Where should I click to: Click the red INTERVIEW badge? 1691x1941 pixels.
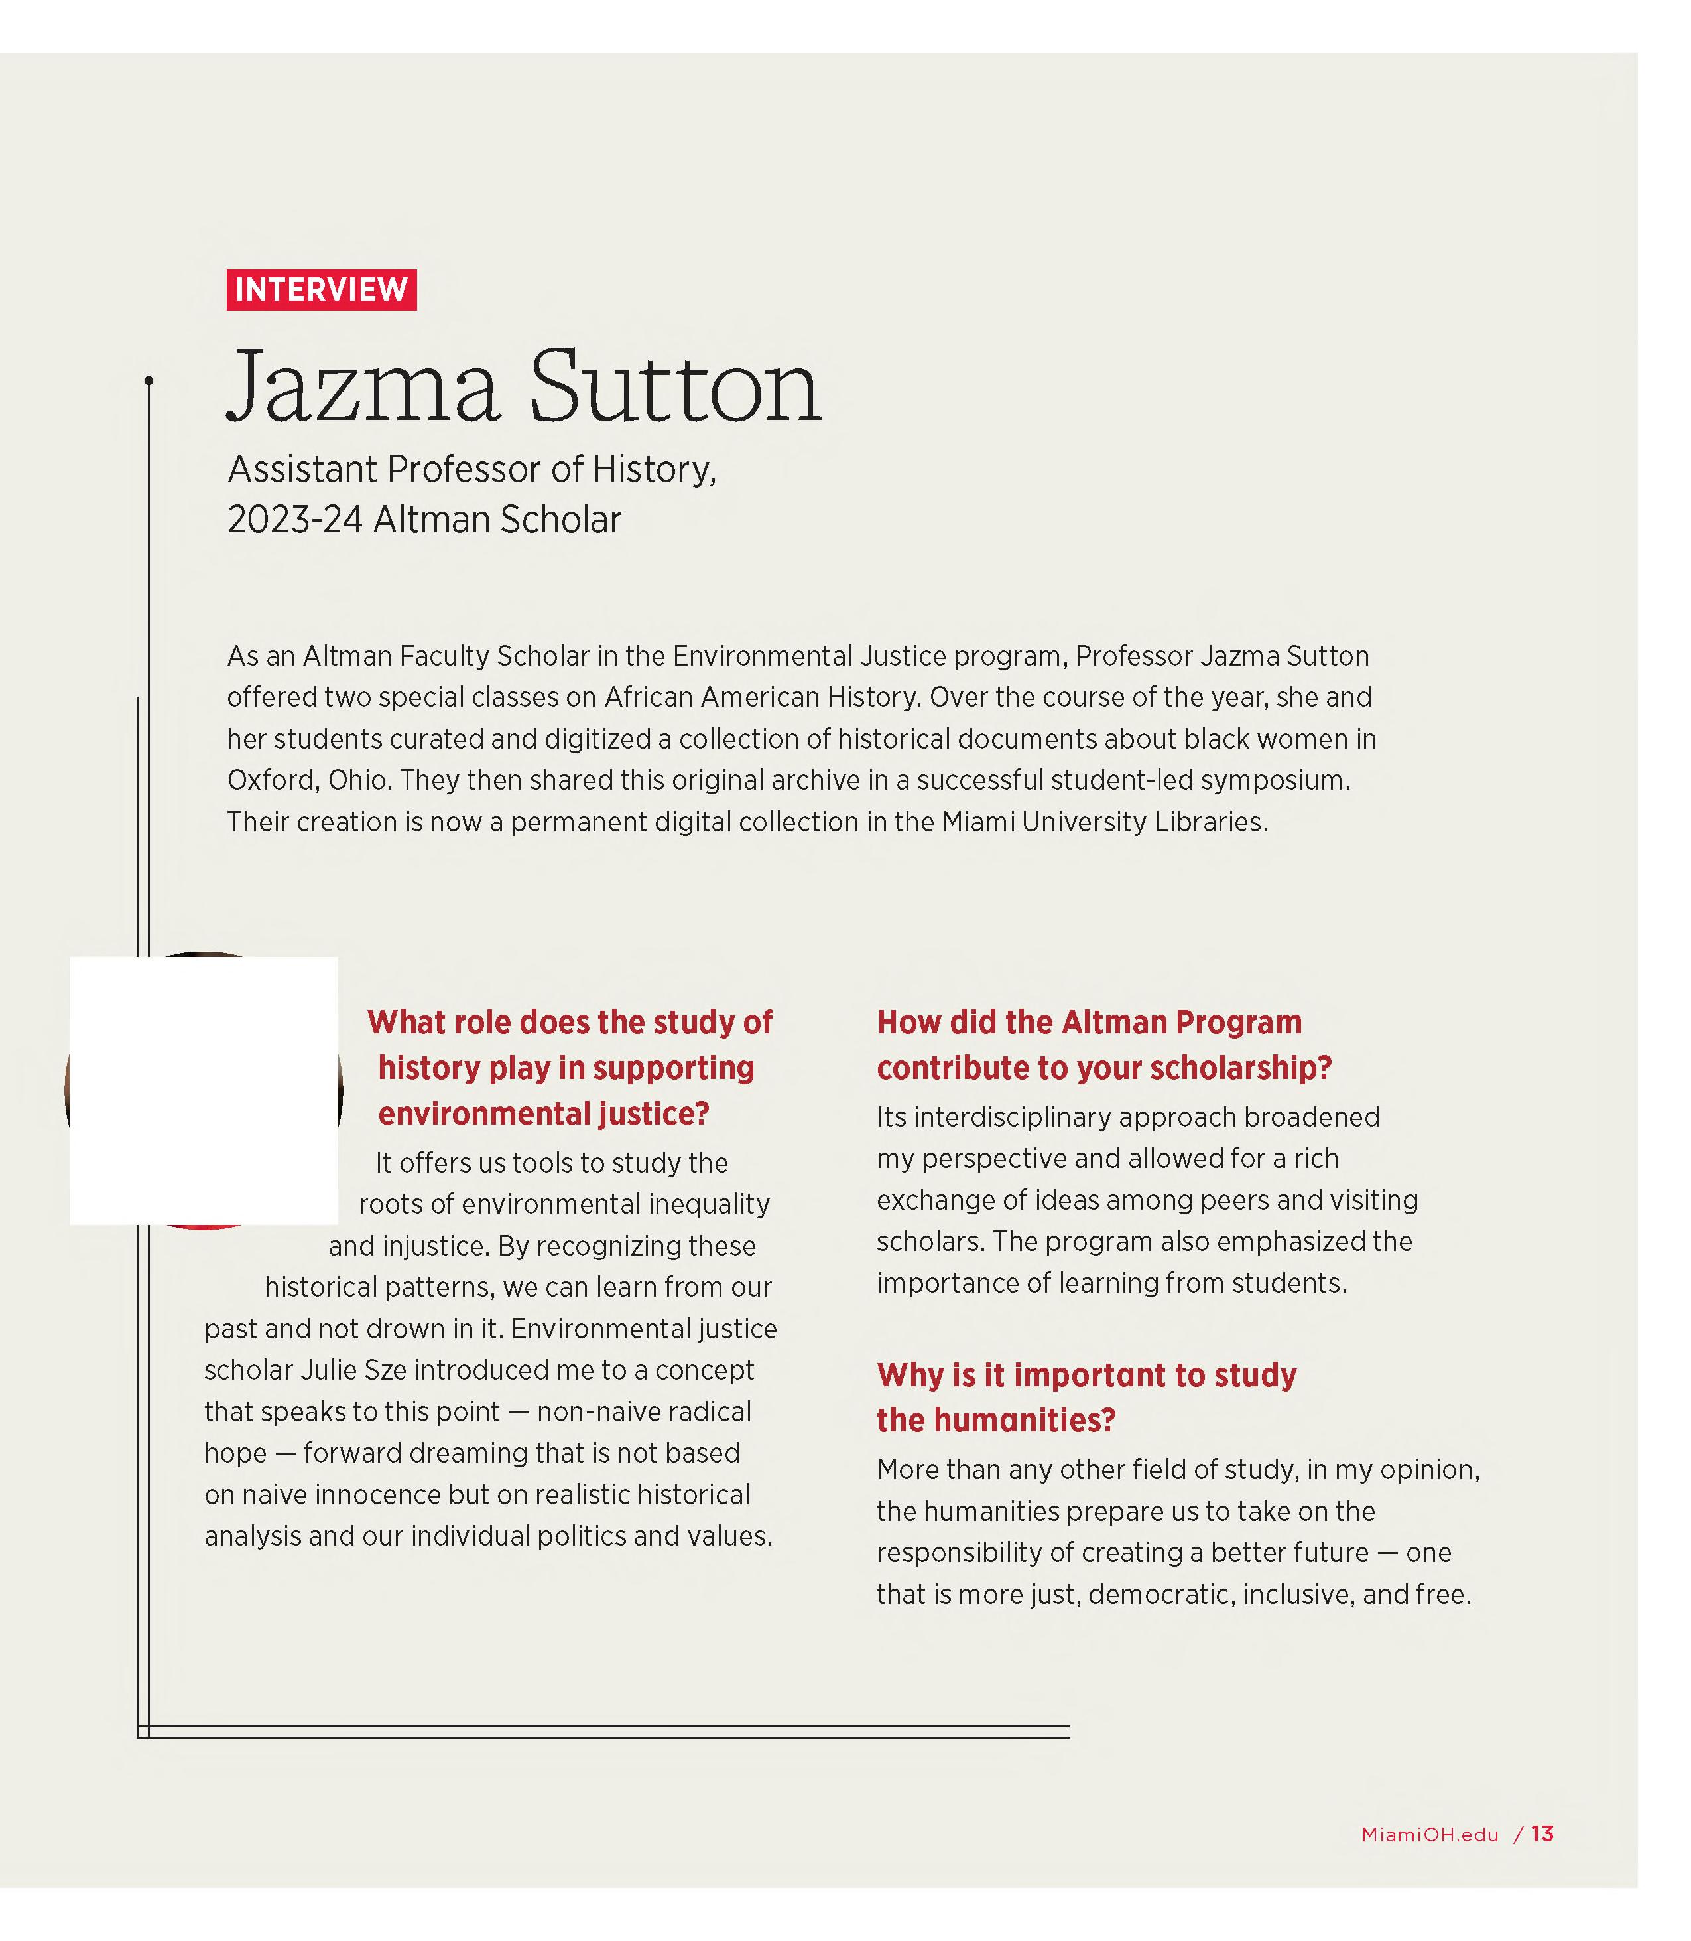tap(321, 290)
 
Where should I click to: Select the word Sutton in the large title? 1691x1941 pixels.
tap(676, 387)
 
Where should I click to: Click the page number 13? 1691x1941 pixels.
tap(1542, 1834)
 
